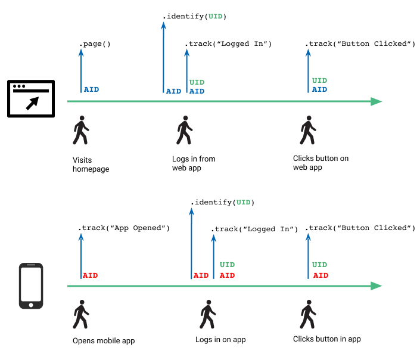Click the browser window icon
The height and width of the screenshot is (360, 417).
pos(30,99)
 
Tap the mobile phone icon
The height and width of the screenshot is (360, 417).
pos(31,286)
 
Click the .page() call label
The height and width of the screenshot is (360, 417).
pos(95,44)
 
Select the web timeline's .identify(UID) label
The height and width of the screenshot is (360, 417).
pos(195,17)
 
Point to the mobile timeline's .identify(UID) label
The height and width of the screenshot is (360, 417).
pos(222,203)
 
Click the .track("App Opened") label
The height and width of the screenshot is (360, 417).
pos(124,228)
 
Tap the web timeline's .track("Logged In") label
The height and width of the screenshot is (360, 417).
pos(228,44)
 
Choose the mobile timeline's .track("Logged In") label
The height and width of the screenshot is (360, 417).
pos(254,229)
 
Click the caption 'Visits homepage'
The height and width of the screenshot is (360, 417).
pos(91,164)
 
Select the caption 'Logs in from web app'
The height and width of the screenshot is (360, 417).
pos(194,163)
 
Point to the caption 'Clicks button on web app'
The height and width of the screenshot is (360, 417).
pos(320,163)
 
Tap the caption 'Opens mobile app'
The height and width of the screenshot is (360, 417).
pos(104,341)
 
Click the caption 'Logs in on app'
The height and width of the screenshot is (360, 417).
pos(220,340)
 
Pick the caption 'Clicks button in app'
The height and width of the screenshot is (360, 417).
pos(326,339)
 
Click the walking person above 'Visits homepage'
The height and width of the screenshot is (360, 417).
pos(80,131)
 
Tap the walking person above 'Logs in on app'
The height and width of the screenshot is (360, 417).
pos(208,315)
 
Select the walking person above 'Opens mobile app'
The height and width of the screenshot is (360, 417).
pos(80,315)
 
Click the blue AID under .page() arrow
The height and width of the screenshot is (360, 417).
pos(91,90)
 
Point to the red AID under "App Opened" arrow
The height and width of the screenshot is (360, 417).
pos(90,275)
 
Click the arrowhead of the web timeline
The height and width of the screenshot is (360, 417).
pos(376,101)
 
